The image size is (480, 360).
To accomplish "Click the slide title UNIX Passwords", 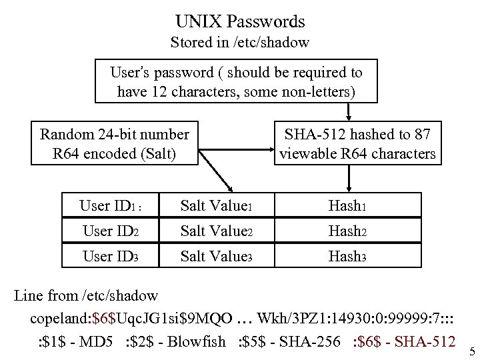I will click(x=240, y=21).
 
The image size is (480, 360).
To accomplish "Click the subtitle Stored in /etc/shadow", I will click(x=240, y=43).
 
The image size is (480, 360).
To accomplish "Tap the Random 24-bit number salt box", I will click(x=114, y=144).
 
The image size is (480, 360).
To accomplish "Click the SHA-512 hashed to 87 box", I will click(x=357, y=144).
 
